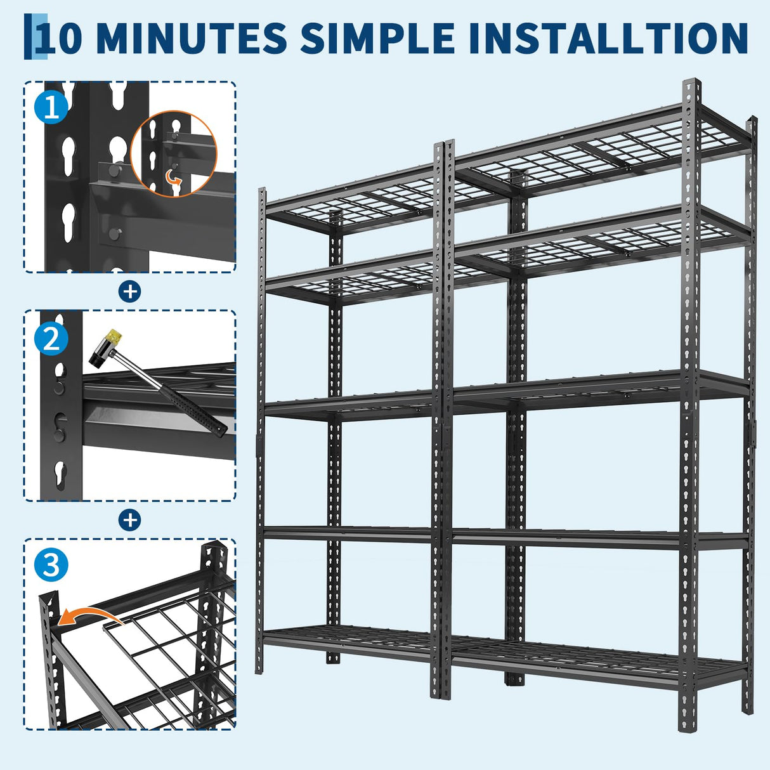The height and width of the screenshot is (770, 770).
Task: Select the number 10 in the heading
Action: coord(60,38)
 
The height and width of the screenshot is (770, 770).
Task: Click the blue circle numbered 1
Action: coord(51,107)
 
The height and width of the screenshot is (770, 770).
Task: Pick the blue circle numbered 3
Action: coord(51,564)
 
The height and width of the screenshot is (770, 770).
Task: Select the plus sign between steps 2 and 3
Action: coord(130,520)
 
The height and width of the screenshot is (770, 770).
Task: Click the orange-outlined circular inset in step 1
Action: coord(174,153)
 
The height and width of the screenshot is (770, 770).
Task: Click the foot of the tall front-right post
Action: coord(686,726)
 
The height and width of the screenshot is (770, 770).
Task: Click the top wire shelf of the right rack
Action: coord(603,152)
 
